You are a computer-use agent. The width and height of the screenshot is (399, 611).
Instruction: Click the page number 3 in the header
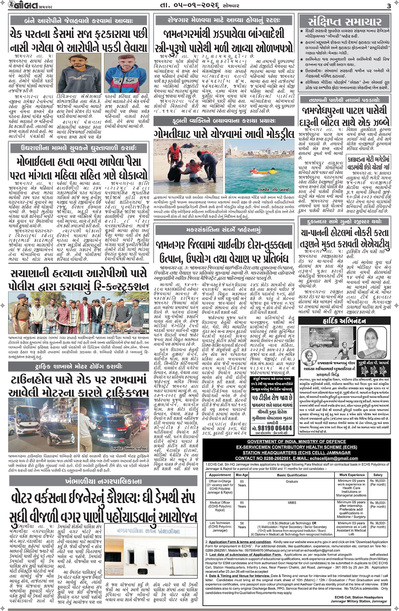[x=388, y=6]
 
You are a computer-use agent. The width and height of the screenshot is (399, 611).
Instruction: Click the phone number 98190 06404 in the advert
[x=272, y=428]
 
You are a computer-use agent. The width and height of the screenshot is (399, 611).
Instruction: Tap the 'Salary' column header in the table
[x=378, y=475]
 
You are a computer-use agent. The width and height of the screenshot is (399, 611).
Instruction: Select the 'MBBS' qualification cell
[x=292, y=502]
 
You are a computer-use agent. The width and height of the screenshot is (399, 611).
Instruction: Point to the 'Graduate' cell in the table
[x=292, y=481]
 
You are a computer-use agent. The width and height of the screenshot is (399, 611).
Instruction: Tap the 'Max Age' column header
[x=242, y=475]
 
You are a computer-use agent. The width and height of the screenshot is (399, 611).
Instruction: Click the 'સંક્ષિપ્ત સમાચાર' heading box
[x=345, y=21]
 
